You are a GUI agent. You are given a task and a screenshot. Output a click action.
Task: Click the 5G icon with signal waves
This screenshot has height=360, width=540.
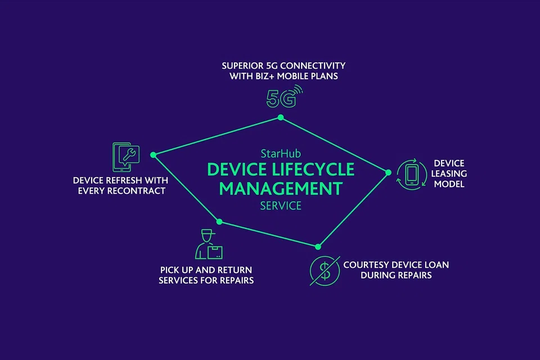[x=283, y=97]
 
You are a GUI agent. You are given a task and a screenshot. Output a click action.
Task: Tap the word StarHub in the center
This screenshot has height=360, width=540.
[x=280, y=153]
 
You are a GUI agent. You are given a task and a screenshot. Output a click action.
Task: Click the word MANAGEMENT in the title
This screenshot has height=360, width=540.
[x=281, y=188]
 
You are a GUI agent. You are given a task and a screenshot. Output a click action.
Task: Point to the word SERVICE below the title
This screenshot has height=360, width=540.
[x=281, y=205]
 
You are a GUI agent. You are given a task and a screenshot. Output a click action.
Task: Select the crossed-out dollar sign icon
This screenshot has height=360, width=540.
[x=325, y=270]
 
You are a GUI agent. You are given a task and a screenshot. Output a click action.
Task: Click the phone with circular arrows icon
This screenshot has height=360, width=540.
[x=412, y=173]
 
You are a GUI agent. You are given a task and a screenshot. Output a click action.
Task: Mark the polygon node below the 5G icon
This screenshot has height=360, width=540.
[x=281, y=117]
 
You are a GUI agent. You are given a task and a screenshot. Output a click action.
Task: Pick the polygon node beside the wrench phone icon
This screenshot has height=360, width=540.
[x=152, y=155]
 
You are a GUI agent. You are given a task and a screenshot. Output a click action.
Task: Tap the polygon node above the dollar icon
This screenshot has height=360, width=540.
[x=318, y=246]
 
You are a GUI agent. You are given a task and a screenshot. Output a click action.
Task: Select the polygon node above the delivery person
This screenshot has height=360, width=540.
[x=219, y=222]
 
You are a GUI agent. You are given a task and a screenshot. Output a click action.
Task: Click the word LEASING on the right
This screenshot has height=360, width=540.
[x=449, y=174]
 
